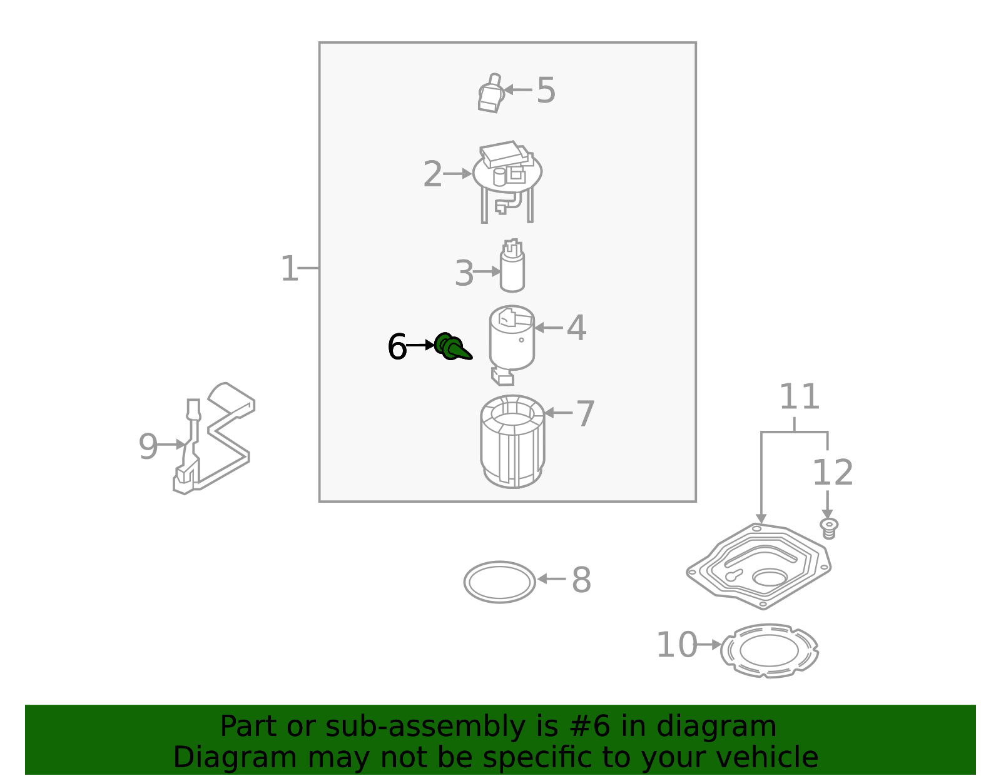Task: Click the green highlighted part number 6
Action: pyautogui.click(x=452, y=347)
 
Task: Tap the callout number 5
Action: pyautogui.click(x=546, y=91)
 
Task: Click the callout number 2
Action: pyautogui.click(x=432, y=174)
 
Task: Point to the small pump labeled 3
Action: pyautogui.click(x=512, y=268)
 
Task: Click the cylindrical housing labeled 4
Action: pyautogui.click(x=512, y=341)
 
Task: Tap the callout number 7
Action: pyautogui.click(x=585, y=414)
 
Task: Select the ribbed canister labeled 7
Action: pyautogui.click(x=512, y=442)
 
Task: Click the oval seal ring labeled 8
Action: pyautogui.click(x=499, y=582)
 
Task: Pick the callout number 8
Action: pyautogui.click(x=581, y=580)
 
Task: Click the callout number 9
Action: pyautogui.click(x=148, y=446)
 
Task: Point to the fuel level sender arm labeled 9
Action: pyautogui.click(x=216, y=438)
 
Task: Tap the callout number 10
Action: pyautogui.click(x=676, y=645)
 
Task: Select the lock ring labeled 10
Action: pyautogui.click(x=769, y=650)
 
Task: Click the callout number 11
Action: pyautogui.click(x=799, y=398)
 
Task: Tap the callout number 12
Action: pyautogui.click(x=832, y=473)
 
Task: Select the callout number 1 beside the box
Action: pyautogui.click(x=289, y=269)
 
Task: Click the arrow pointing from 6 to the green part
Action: pyautogui.click(x=420, y=345)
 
